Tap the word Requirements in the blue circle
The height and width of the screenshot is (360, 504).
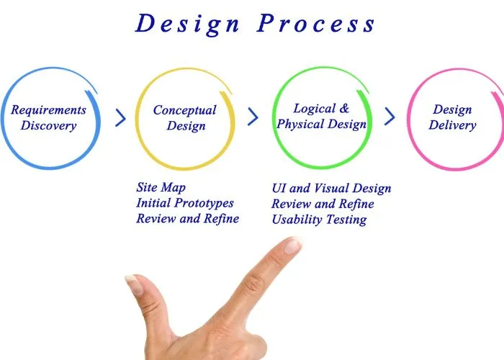48,110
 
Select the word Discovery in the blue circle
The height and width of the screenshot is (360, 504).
48,126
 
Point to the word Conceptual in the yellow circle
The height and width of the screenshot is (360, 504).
184,110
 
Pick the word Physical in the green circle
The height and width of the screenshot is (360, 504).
302,124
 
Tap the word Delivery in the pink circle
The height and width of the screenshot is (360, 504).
452,125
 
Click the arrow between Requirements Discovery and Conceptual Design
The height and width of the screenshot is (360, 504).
120,117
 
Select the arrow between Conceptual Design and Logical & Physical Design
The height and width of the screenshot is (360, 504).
253,117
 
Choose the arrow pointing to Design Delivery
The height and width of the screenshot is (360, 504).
390,117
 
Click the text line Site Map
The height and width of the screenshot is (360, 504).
161,188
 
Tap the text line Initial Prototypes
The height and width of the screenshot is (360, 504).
185,203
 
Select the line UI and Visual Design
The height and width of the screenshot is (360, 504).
331,189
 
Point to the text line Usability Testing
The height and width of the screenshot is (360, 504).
319,220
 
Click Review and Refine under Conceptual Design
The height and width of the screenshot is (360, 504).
187,218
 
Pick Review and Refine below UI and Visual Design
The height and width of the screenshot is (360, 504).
323,204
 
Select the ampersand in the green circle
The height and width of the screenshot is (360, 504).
343,109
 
